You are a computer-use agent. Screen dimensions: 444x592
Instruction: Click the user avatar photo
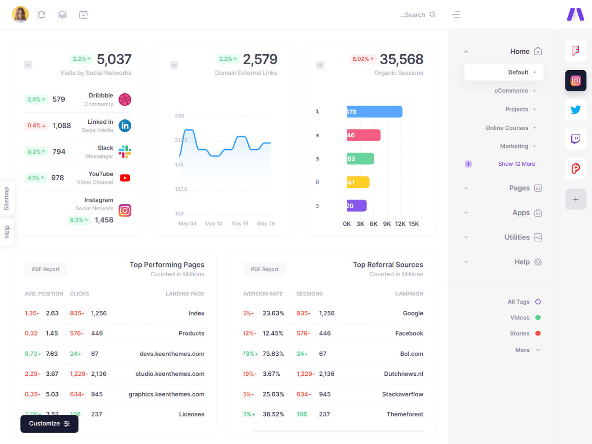click(x=20, y=15)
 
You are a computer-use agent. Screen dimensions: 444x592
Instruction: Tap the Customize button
click(x=49, y=424)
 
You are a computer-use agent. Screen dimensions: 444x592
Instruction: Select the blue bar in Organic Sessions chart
click(x=374, y=112)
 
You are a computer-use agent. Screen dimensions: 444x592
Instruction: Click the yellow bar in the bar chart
click(x=358, y=182)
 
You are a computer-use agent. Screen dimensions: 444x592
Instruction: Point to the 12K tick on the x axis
click(x=400, y=224)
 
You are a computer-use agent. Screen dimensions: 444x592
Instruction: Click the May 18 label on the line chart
click(x=240, y=224)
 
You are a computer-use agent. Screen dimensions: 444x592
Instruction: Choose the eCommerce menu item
click(x=511, y=91)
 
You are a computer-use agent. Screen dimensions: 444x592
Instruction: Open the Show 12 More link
click(x=517, y=164)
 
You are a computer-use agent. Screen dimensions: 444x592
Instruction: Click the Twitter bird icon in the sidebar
click(x=576, y=110)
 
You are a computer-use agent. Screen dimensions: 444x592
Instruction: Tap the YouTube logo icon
click(x=125, y=178)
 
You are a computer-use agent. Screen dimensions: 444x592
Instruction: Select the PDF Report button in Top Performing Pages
click(x=46, y=269)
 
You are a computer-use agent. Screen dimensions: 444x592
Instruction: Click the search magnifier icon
click(x=433, y=15)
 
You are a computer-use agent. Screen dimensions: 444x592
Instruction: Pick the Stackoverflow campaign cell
click(x=403, y=394)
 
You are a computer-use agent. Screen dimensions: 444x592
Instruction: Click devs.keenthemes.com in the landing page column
click(x=172, y=354)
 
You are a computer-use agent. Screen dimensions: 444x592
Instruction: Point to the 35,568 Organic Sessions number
click(x=402, y=60)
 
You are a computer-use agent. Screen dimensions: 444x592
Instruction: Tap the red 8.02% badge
click(x=363, y=59)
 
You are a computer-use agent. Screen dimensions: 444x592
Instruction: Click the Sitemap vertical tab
click(x=7, y=198)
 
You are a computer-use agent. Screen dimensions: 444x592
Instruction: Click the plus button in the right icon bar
click(x=576, y=199)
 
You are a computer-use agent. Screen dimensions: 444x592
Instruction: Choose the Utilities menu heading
click(x=517, y=237)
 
